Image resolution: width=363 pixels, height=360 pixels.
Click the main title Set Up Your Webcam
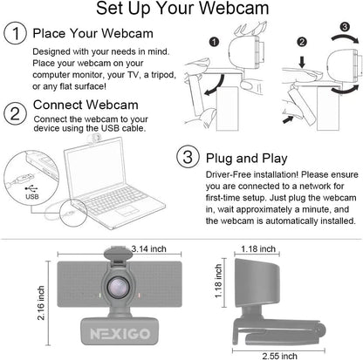click(181, 11)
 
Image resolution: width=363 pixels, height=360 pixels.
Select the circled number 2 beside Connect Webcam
click(15, 113)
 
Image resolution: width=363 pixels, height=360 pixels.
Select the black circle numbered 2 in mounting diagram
click(301, 41)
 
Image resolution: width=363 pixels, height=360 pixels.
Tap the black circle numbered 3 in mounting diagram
click(345, 27)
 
